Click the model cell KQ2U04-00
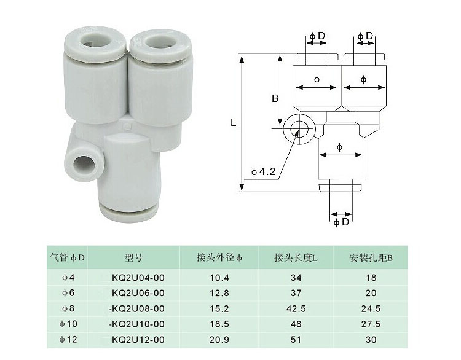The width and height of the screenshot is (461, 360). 138,278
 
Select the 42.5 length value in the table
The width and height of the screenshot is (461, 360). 296,308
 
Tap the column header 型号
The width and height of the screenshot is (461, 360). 133,258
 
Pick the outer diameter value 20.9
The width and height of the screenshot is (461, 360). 219,340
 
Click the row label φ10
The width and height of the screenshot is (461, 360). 68,324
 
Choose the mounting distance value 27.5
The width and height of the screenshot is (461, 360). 371,324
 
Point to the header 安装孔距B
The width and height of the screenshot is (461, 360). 371,258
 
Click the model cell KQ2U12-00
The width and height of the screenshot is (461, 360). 138,340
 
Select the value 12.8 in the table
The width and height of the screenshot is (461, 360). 219,293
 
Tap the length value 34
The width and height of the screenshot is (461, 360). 296,278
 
